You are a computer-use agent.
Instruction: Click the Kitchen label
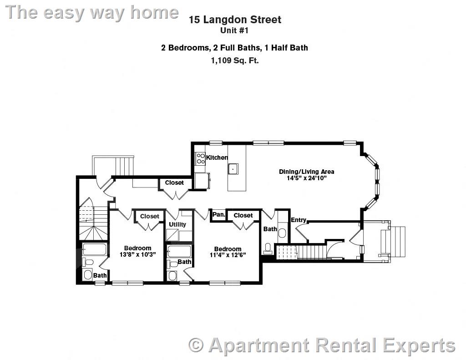pyautogui.click(x=217, y=157)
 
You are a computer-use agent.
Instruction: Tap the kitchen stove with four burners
pyautogui.click(x=200, y=158)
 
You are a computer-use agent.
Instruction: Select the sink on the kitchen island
pyautogui.click(x=233, y=168)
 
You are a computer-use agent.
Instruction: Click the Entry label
pyautogui.click(x=299, y=220)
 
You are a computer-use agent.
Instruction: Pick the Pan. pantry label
pyautogui.click(x=218, y=214)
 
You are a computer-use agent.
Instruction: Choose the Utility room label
pyautogui.click(x=177, y=224)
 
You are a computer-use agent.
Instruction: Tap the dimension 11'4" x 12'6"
pyautogui.click(x=228, y=255)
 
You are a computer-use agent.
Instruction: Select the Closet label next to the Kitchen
pyautogui.click(x=174, y=183)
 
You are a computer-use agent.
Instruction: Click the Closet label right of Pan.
pyautogui.click(x=243, y=215)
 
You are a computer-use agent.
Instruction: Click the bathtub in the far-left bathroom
pyautogui.click(x=95, y=250)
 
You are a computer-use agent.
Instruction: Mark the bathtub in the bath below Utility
pyautogui.click(x=179, y=252)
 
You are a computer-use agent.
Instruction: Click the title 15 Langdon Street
pyautogui.click(x=235, y=20)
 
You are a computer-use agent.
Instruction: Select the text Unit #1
pyautogui.click(x=234, y=31)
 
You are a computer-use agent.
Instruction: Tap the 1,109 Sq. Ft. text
pyautogui.click(x=234, y=60)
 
